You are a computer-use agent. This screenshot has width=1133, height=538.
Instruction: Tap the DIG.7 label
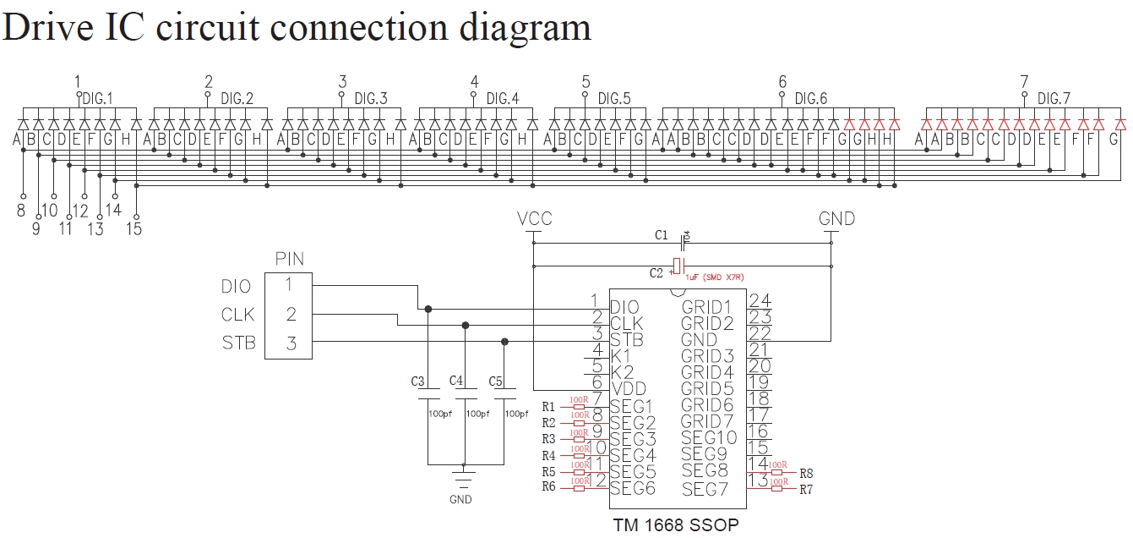(x=1053, y=99)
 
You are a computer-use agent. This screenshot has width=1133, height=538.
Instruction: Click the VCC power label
(x=534, y=219)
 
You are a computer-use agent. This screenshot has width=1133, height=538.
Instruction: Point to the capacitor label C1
(x=661, y=234)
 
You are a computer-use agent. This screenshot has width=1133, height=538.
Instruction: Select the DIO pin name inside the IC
(x=625, y=307)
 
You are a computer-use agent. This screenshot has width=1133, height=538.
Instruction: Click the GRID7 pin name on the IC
(x=709, y=421)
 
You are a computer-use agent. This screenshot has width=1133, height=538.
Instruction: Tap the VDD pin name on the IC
(x=627, y=389)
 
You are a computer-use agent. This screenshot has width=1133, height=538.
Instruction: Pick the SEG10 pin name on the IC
(x=709, y=437)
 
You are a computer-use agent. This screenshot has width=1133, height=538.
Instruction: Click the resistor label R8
(x=806, y=473)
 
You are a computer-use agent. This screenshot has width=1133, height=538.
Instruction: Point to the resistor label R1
(x=548, y=406)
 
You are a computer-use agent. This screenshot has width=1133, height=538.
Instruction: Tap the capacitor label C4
(x=456, y=381)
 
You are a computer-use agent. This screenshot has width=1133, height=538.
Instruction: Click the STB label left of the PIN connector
(x=238, y=343)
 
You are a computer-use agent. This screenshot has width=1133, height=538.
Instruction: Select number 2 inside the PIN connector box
(x=291, y=315)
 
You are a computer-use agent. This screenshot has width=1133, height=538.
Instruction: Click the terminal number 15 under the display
(x=133, y=228)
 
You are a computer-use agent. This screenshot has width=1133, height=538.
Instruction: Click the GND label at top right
(x=836, y=219)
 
